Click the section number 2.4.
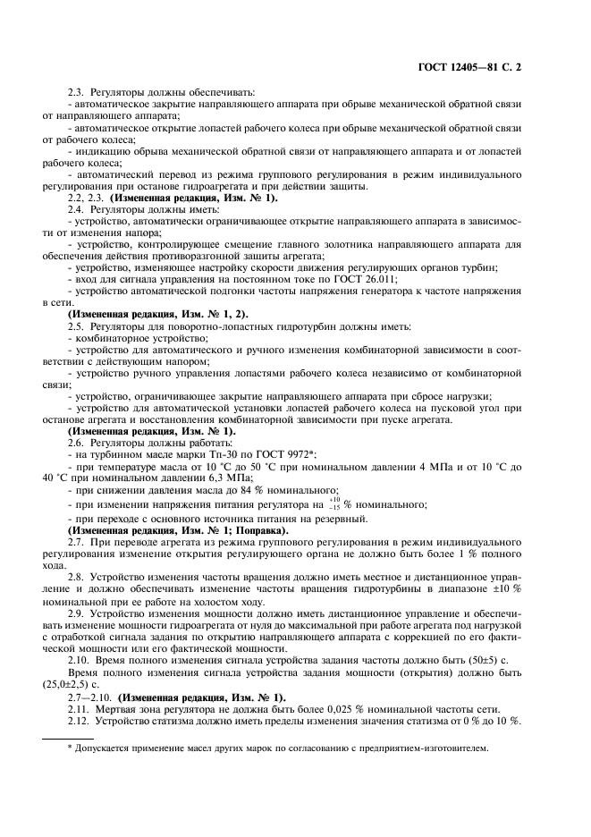click(75, 208)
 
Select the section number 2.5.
click(75, 325)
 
